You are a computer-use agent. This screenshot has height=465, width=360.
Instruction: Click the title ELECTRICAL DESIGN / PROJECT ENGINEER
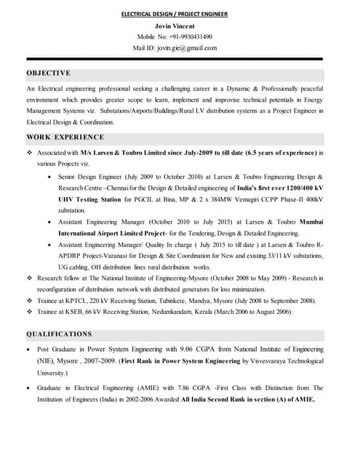tap(179, 14)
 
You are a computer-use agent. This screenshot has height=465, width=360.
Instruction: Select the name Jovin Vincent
tap(179, 25)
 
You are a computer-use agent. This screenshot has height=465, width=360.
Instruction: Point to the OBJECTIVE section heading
tap(49, 73)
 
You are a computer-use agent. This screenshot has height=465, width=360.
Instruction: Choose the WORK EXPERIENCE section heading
tap(65, 137)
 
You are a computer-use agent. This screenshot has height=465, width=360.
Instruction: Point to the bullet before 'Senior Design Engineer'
tap(49, 177)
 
